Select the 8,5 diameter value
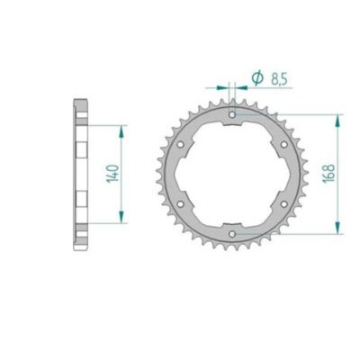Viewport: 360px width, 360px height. coord(274,80)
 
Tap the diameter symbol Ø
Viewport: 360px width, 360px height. coord(256,80)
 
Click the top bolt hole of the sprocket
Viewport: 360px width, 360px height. coord(233,115)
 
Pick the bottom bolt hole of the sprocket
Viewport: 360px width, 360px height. coord(233,234)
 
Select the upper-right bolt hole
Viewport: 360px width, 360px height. coord(284,145)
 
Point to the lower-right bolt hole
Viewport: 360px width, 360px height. coord(284,204)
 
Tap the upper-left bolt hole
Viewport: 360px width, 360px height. coord(182,145)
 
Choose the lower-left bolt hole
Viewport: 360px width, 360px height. coord(182,204)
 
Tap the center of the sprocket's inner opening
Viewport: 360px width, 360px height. coord(233,175)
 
